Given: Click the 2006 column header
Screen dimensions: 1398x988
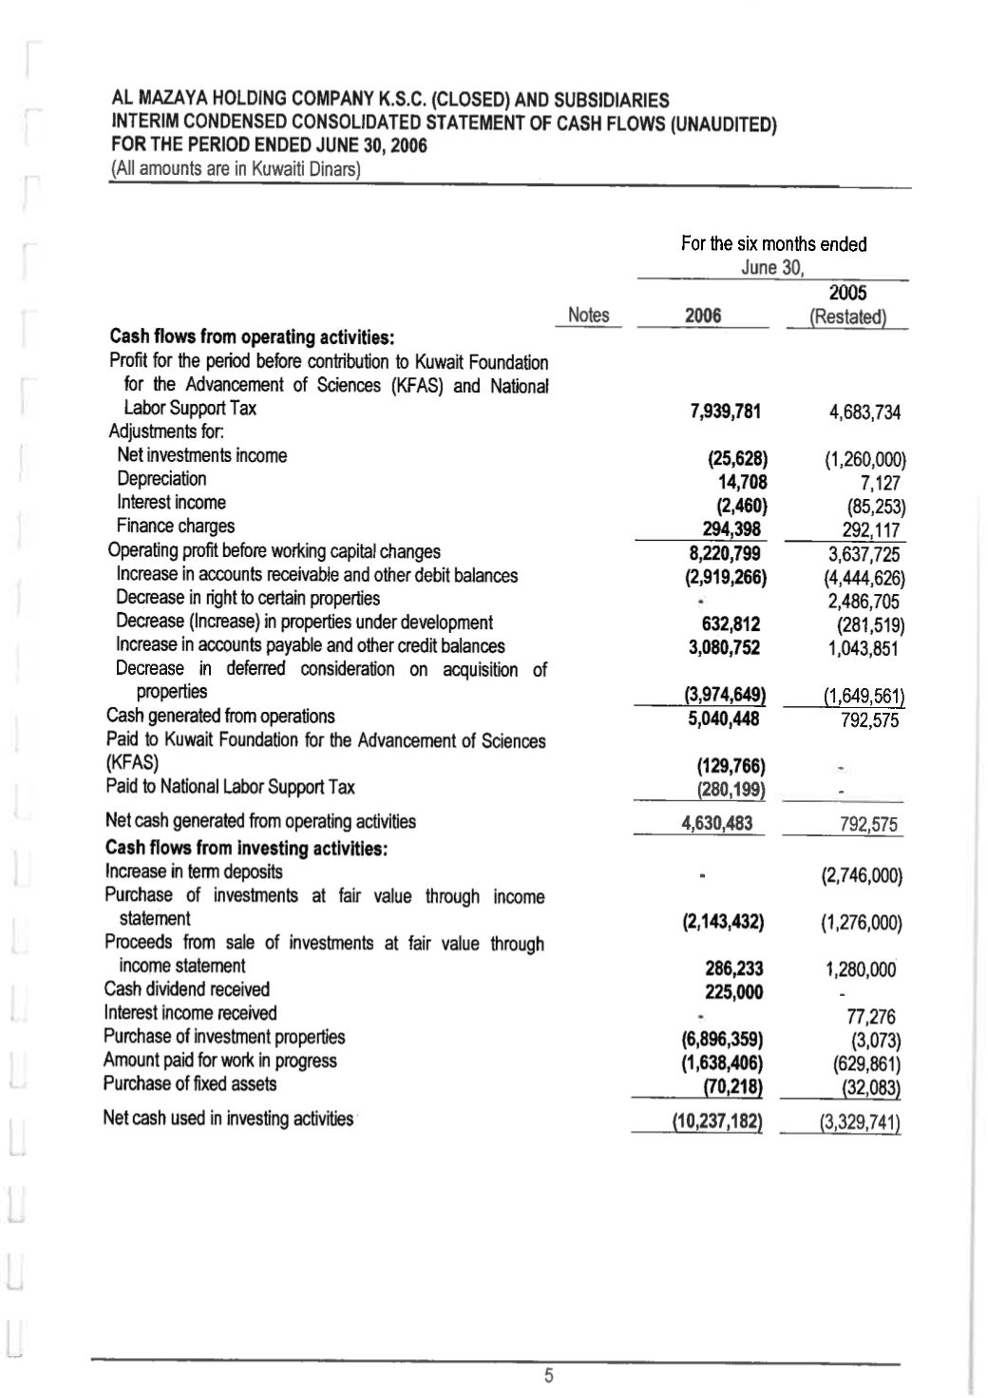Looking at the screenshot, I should [703, 316].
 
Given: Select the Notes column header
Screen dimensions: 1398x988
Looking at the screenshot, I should [588, 316].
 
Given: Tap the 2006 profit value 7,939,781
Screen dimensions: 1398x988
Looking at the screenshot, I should [725, 411].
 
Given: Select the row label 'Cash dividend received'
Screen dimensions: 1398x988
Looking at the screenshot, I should [186, 989].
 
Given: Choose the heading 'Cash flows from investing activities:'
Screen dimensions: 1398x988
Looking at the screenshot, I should [245, 848].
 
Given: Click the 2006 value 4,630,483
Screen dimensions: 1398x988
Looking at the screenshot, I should [717, 823].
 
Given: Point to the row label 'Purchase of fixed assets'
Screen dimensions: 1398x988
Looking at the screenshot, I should [190, 1084].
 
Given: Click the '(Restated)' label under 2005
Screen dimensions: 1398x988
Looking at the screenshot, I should [846, 317].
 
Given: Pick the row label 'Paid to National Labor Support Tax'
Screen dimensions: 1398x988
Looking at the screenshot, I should [230, 787].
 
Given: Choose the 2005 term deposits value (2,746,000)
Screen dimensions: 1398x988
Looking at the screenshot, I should [861, 875].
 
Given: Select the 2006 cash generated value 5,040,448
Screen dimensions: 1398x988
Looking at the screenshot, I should [724, 719].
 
